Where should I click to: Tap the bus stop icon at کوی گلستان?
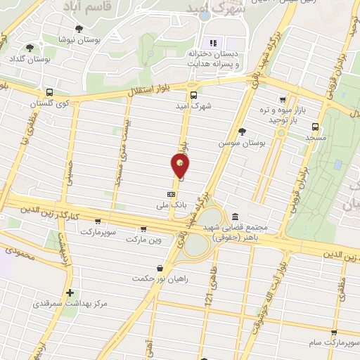(49, 92)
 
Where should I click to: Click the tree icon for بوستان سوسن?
(243, 131)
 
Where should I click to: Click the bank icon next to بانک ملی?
(171, 193)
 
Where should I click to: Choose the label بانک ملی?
(172, 205)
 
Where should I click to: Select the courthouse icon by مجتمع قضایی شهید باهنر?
(234, 216)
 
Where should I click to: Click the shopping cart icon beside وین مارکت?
(143, 229)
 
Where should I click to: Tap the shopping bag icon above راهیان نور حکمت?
(160, 268)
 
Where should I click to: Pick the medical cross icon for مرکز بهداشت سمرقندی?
(70, 292)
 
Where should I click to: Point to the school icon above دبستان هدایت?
(213, 40)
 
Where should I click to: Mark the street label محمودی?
(19, 253)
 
